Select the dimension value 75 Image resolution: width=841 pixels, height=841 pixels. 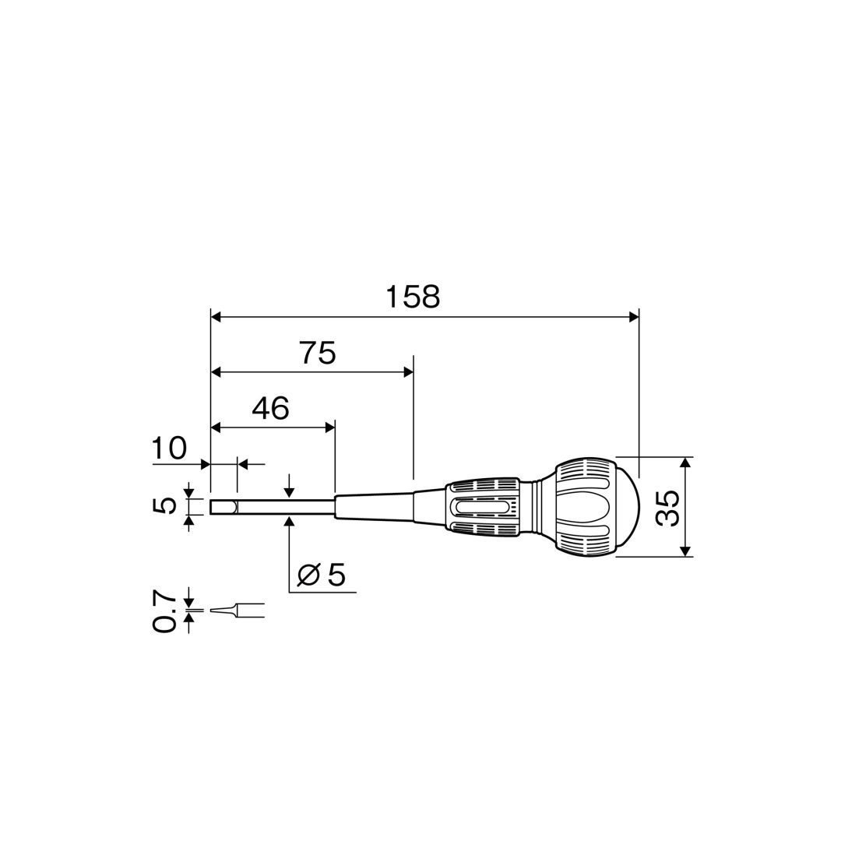[x=318, y=353]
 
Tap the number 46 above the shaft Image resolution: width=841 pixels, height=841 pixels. [x=271, y=409]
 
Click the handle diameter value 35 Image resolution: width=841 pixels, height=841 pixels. [x=668, y=508]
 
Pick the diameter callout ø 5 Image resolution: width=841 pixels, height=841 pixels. [x=322, y=575]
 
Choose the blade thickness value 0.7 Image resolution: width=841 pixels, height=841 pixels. [x=164, y=611]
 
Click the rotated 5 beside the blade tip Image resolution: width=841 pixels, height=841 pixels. [x=164, y=506]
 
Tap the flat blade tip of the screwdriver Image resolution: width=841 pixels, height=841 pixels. [x=223, y=508]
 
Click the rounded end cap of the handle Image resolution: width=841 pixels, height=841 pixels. [x=628, y=508]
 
